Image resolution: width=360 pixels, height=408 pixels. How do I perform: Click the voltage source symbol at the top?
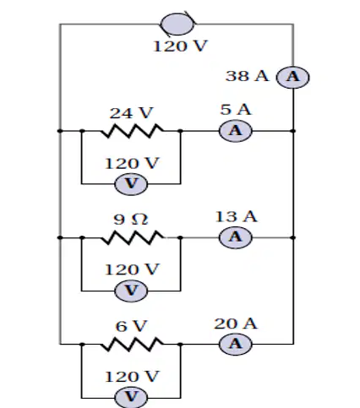[177, 24]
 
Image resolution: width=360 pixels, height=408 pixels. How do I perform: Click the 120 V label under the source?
[180, 46]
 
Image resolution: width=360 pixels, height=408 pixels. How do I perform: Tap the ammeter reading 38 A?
[293, 77]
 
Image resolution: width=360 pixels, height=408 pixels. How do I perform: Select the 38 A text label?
[247, 76]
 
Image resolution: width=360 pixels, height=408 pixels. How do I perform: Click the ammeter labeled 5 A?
[236, 131]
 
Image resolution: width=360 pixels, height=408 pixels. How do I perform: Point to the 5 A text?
[236, 109]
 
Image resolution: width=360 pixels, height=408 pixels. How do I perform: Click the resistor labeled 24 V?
[132, 131]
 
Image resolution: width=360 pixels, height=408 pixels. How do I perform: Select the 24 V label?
[131, 113]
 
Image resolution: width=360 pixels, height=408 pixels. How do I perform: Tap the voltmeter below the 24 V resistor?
[131, 184]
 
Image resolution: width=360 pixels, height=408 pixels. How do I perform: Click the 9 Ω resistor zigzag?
[133, 237]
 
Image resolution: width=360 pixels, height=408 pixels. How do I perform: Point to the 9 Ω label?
[131, 220]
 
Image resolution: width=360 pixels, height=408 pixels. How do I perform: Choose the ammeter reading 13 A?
[236, 237]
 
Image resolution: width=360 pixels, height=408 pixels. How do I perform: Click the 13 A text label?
[236, 216]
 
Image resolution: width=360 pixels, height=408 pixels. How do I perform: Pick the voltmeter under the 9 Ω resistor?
[131, 291]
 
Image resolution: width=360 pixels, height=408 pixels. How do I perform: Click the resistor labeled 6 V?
[132, 344]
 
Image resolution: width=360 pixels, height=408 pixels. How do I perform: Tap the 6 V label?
[131, 326]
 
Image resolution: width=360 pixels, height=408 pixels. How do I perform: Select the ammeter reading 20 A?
[236, 344]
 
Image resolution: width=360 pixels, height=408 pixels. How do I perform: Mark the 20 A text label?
[236, 324]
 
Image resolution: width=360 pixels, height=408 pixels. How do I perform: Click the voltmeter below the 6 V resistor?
[131, 397]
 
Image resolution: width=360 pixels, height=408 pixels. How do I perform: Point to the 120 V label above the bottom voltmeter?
[132, 377]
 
